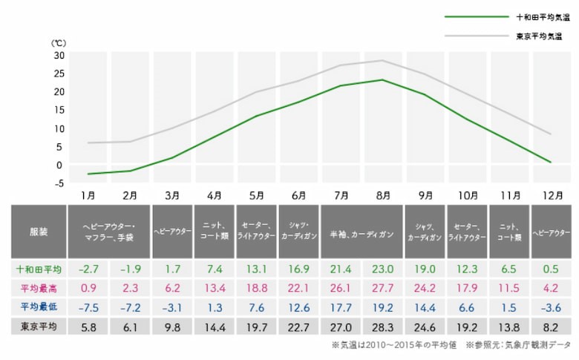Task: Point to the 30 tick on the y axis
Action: pos(59,55)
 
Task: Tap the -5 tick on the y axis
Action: pos(59,183)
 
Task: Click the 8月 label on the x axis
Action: pos(383,196)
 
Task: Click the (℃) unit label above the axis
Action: pos(59,43)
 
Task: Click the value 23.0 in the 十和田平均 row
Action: pos(383,268)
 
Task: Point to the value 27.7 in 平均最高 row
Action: pos(383,287)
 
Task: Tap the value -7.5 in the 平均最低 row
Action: pos(88,306)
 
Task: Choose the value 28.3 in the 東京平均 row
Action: pos(383,325)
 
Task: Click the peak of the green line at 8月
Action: pos(383,80)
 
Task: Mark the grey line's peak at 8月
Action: pos(383,61)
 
